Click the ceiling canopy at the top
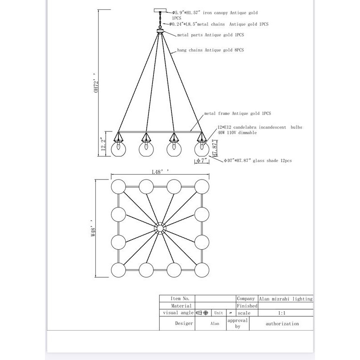point(160,11)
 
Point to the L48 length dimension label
point(160,171)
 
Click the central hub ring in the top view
point(160,228)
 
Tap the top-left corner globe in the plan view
point(119,186)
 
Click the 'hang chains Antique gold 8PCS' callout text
point(211,50)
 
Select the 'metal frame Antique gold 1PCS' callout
point(238,114)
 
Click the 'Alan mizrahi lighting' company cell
point(286,298)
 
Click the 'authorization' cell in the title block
point(282,324)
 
